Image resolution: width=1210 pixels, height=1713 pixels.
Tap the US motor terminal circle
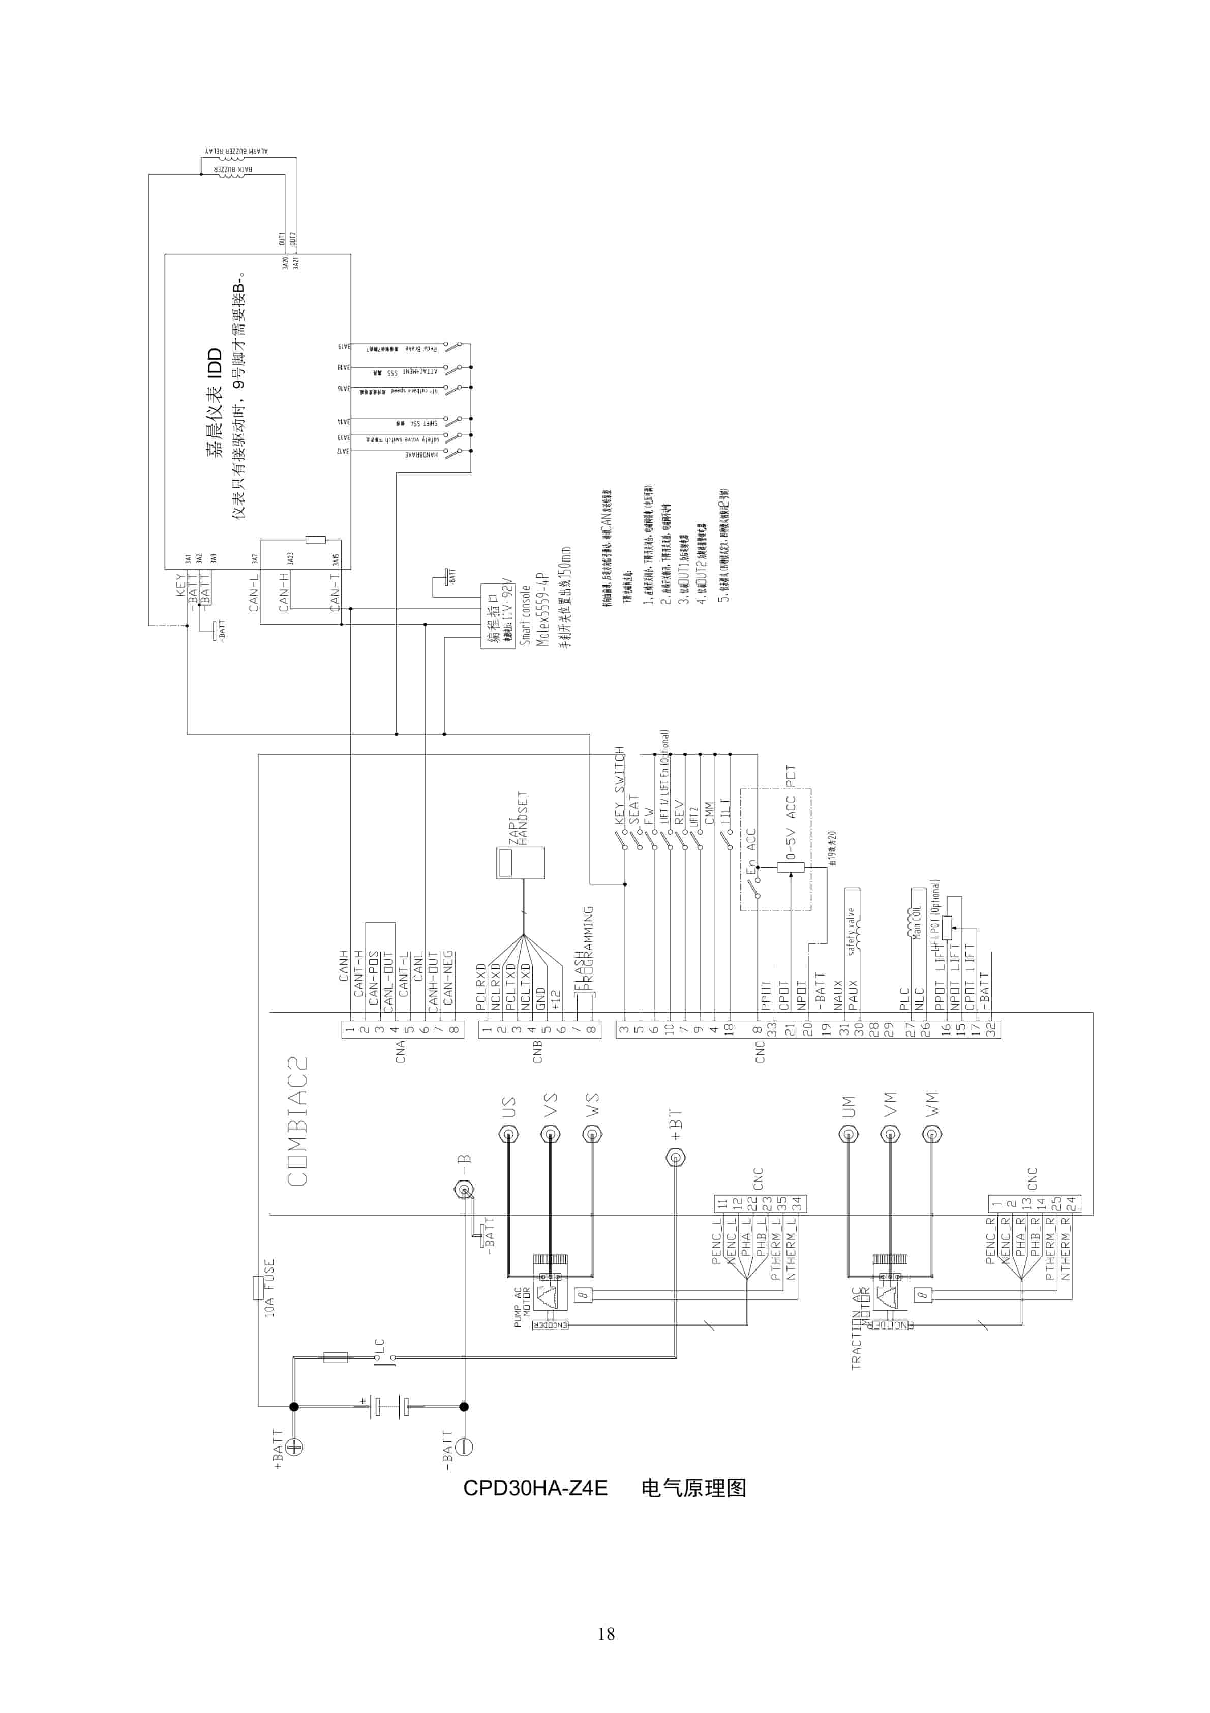[509, 1136]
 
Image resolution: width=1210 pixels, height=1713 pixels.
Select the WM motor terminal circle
[931, 1136]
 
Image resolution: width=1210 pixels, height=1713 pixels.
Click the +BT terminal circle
[675, 1158]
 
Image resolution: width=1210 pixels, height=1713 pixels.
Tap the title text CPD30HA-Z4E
[535, 1488]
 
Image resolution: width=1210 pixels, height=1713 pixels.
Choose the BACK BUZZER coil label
[233, 169]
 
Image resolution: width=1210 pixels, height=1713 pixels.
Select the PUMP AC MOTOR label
[522, 1306]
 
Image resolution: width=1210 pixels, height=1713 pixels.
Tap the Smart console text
[525, 615]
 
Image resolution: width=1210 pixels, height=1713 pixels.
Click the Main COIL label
[917, 922]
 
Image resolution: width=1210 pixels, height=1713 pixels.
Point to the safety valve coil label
[851, 931]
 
